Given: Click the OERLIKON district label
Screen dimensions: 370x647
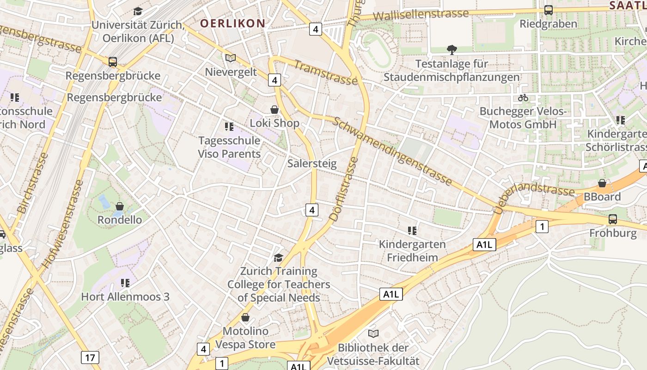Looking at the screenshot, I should (233, 23).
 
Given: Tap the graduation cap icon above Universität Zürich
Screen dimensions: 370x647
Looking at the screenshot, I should (138, 11).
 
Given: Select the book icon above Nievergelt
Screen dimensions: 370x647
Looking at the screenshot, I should (230, 58).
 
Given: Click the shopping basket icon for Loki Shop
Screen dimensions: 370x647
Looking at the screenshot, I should (275, 110).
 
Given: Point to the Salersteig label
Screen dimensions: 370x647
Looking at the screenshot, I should (312, 163).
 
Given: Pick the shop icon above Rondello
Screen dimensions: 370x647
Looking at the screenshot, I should (120, 206).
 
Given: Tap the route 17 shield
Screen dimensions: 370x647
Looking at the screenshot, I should (90, 357).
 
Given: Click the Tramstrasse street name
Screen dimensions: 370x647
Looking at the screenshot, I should (326, 73).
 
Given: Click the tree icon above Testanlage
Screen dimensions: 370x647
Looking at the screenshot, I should (452, 49).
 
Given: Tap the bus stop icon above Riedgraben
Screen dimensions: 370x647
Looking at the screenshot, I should (549, 10).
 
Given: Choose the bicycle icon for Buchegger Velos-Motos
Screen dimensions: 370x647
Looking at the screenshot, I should (523, 98).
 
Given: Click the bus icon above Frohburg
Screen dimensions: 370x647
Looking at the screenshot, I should (613, 219).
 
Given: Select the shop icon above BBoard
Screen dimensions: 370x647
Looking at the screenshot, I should (602, 183).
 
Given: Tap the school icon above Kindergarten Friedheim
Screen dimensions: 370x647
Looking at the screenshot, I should (412, 230).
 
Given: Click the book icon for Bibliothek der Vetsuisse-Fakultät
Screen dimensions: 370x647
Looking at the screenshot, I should (373, 333).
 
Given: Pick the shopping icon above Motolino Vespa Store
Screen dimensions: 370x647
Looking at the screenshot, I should (245, 317).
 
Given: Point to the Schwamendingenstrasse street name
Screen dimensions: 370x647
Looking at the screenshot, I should (392, 151).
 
